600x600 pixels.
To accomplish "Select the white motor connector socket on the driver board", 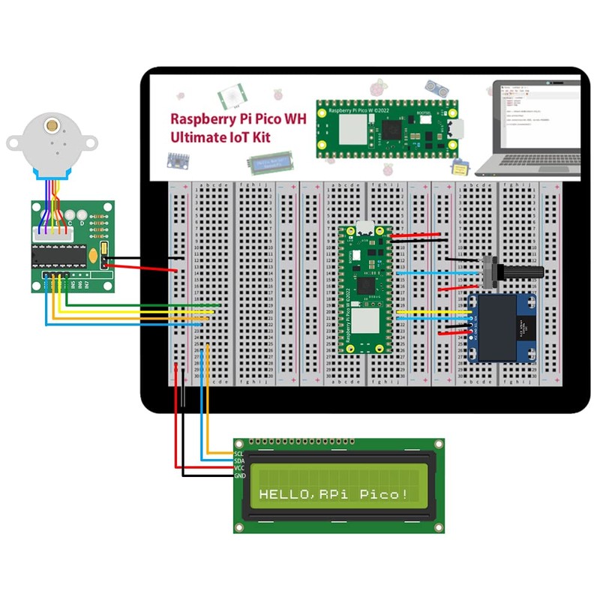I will pos(52,234).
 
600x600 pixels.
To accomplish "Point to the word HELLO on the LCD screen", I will pos(283,494).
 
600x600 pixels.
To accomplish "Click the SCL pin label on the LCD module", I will pos(239,454).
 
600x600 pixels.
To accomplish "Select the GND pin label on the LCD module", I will pos(239,476).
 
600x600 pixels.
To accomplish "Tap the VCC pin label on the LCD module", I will pos(239,469).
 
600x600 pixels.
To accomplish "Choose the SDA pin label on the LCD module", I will pos(239,461).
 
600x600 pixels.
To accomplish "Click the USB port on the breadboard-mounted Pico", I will pos(363,230).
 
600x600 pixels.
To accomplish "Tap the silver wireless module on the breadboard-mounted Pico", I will pos(364,324).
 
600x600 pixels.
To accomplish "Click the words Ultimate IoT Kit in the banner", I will pos(220,137).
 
